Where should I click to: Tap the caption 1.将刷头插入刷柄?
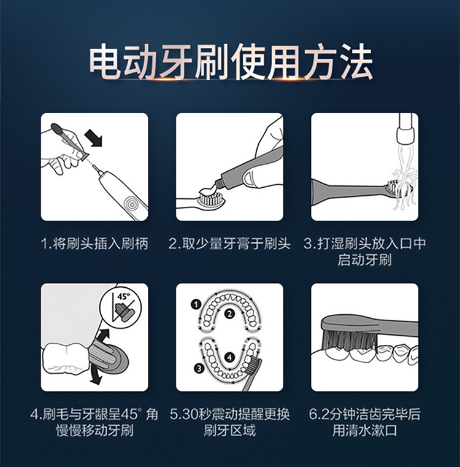tap(94, 244)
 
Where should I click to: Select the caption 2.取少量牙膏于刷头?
tap(229, 244)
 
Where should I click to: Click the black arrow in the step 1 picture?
tap(93, 138)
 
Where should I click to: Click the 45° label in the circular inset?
tap(123, 296)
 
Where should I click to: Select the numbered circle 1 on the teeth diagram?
tap(196, 304)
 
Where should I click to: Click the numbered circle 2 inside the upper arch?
tap(229, 314)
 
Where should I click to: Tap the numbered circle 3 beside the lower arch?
tap(199, 369)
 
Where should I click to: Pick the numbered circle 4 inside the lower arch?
tap(229, 357)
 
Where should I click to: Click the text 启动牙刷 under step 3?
tap(364, 260)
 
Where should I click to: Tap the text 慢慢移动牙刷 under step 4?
tap(94, 430)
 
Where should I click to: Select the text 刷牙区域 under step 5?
tap(229, 430)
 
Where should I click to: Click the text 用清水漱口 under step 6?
tap(364, 430)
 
